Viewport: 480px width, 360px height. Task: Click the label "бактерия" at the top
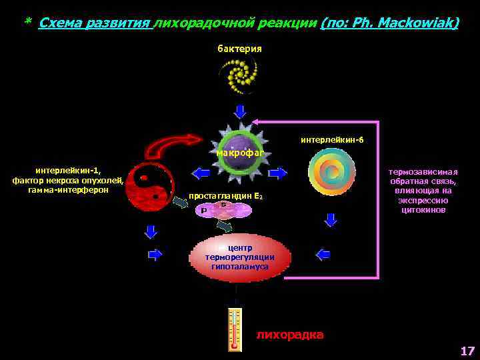[x=239, y=49]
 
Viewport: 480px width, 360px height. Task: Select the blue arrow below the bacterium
[x=240, y=111]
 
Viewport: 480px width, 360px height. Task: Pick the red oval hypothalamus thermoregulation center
[x=240, y=257]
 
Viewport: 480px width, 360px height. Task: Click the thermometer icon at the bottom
[x=234, y=329]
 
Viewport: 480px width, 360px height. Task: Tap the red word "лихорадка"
[x=290, y=335]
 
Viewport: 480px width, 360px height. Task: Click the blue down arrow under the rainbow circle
[x=331, y=219]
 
